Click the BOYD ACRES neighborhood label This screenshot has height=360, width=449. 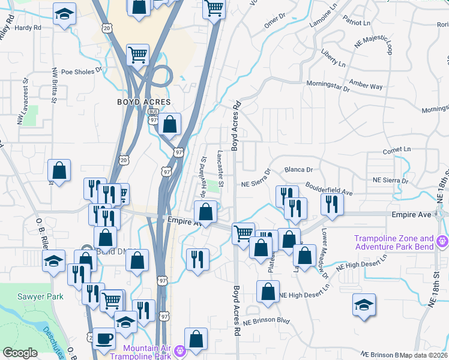pos(144,103)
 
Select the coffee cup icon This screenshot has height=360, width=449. pos(104,338)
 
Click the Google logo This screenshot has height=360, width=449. pos(20,353)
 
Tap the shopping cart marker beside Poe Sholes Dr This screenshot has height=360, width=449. pos(138,55)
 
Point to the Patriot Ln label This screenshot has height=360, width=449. pos(357,23)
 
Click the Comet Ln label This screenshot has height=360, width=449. pos(398,149)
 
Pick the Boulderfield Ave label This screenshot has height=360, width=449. pos(328,188)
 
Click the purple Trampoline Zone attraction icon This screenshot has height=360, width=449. pos(443,242)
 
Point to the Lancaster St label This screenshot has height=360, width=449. pos(221,168)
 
